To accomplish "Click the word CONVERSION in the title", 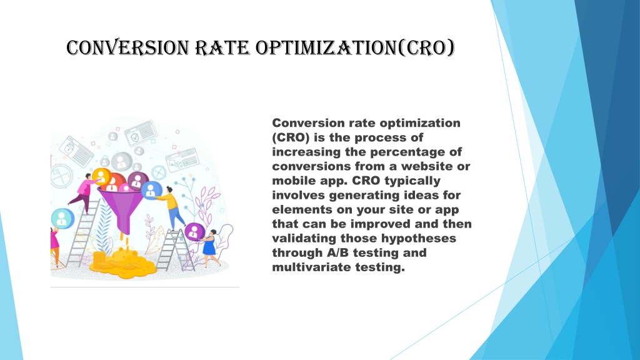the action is click(127, 47).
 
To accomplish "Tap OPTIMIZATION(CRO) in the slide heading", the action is click(355, 47).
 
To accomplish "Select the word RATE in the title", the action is click(222, 47).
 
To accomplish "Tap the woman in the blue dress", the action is click(210, 247).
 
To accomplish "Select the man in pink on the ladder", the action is click(84, 192).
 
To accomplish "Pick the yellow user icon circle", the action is click(102, 177).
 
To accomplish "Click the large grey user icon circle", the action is click(122, 162).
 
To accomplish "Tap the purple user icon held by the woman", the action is click(194, 232).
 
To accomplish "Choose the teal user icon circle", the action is click(62, 218).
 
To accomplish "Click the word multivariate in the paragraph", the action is click(312, 267).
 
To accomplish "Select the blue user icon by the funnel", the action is click(151, 190).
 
